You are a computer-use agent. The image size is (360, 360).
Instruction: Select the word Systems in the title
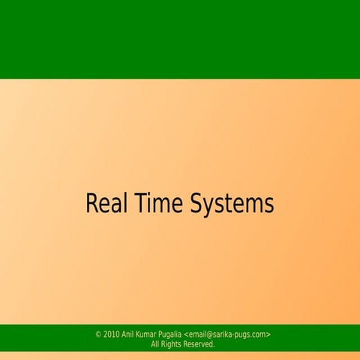[x=232, y=205]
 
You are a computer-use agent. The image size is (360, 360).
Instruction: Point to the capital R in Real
[x=92, y=204]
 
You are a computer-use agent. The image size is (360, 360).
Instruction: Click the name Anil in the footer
[x=128, y=334]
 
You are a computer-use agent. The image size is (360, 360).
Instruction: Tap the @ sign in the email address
[x=209, y=334]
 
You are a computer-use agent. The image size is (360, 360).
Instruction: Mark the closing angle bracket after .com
[x=268, y=334]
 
